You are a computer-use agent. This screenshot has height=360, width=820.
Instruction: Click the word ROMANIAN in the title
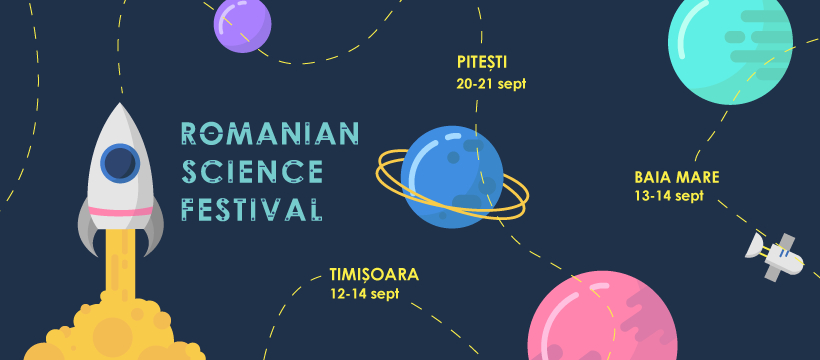pos(269,134)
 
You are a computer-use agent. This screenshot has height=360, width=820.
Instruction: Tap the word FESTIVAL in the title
pos(251,209)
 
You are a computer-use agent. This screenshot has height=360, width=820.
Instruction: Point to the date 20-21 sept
pos(491,84)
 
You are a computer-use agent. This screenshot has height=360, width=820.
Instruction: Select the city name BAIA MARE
pos(677,177)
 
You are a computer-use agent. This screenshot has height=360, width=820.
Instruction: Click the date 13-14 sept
pos(669,196)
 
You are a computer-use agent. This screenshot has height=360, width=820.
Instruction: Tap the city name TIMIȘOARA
pos(374,274)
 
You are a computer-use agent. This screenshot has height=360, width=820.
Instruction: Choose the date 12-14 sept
pos(364,294)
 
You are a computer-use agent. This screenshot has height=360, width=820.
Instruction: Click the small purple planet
pos(242,24)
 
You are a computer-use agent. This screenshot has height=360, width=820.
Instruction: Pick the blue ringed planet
pos(452,177)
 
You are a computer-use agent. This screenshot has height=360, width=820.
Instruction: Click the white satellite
pos(775,255)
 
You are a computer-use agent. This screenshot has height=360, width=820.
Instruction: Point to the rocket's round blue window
pos(120,164)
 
